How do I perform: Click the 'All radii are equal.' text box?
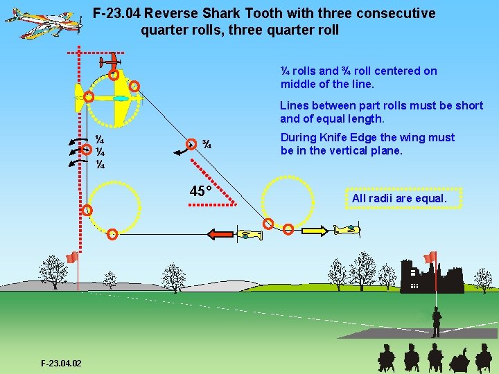point(399,199)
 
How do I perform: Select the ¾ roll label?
point(207,145)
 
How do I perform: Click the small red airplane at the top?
point(110,62)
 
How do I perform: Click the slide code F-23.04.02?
point(61,363)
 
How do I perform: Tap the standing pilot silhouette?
point(436,323)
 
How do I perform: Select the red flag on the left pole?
point(71,258)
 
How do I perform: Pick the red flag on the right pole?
point(430,257)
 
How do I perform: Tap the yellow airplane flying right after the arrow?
point(346,229)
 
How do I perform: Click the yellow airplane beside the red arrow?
point(252,234)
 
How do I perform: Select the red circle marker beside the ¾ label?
point(189,144)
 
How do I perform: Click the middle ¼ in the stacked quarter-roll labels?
point(100,152)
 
